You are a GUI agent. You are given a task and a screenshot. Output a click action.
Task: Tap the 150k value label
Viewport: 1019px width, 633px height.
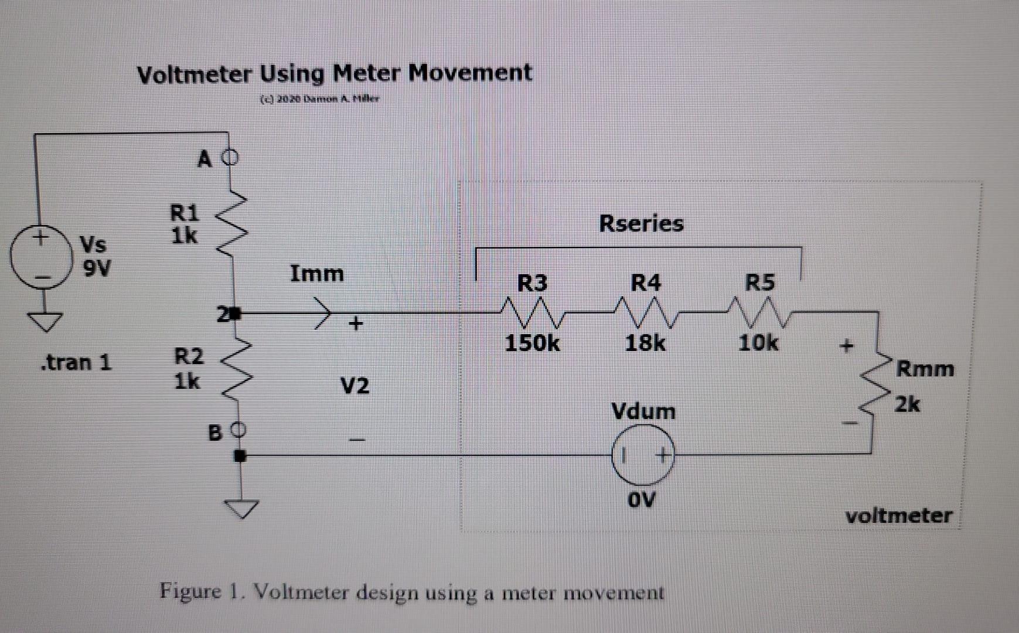(531, 343)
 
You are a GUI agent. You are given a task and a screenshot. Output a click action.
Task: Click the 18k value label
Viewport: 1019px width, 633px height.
(645, 343)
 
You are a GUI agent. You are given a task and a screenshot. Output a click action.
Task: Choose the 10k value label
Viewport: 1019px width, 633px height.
(758, 342)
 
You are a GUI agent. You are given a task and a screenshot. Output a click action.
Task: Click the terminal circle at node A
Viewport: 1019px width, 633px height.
(231, 157)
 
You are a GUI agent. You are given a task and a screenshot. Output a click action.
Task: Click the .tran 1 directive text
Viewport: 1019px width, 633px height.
(76, 362)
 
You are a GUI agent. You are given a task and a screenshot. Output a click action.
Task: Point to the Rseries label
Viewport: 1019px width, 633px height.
(641, 223)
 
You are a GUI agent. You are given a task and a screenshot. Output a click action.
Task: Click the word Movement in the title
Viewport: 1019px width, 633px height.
(469, 73)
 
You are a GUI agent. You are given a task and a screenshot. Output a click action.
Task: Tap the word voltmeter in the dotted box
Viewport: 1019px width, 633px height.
(898, 516)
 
